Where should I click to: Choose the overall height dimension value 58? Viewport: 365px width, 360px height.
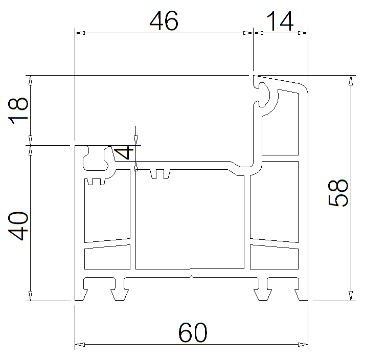click(338, 193)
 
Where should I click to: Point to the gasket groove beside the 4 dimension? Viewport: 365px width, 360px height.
click(97, 158)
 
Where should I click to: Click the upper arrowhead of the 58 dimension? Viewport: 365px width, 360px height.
click(351, 81)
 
